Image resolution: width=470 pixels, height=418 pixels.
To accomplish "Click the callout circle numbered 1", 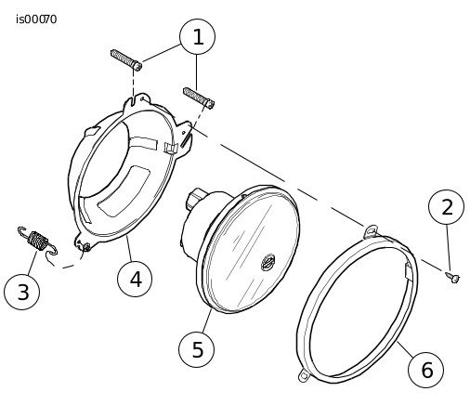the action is pyautogui.click(x=197, y=37).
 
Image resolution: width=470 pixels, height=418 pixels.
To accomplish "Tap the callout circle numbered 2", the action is pyautogui.click(x=446, y=207).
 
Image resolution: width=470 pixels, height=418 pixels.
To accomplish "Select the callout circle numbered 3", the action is pyautogui.click(x=22, y=292).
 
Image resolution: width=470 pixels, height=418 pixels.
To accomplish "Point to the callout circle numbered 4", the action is pyautogui.click(x=135, y=279).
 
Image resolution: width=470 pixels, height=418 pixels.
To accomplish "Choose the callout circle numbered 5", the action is pyautogui.click(x=196, y=349).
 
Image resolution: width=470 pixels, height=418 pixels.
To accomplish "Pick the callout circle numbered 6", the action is pyautogui.click(x=425, y=370).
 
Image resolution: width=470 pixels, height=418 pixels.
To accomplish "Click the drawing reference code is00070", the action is pyautogui.click(x=36, y=20).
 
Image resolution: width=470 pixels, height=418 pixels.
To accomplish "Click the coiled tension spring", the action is pyautogui.click(x=38, y=241).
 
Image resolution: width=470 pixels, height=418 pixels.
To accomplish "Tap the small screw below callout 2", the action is pyautogui.click(x=453, y=277).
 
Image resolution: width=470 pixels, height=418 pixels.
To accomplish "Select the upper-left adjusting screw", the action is pyautogui.click(x=126, y=60).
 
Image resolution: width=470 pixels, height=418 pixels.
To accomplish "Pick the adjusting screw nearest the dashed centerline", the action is pyautogui.click(x=199, y=98).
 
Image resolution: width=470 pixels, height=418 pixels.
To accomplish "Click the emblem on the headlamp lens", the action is pyautogui.click(x=268, y=262).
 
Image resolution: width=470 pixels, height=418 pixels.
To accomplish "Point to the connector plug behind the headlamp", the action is pyautogui.click(x=196, y=198).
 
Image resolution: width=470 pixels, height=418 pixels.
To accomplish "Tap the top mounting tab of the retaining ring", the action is pyautogui.click(x=371, y=231).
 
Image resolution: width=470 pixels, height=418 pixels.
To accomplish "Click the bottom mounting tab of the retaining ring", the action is pyautogui.click(x=304, y=376).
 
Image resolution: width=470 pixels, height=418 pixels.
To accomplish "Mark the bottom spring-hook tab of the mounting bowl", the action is pyautogui.click(x=82, y=242).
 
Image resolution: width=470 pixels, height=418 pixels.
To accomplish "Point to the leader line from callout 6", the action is pyautogui.click(x=405, y=348).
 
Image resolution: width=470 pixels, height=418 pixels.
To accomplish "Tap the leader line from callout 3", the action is pyautogui.click(x=33, y=263).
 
